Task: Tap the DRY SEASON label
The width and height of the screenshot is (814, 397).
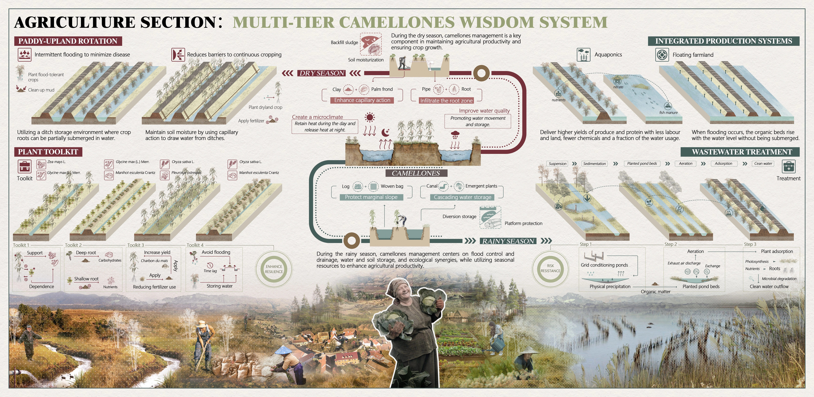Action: pos(322,73)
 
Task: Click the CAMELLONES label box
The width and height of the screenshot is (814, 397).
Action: pos(416,173)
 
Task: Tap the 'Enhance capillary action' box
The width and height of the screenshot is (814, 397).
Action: pos(362,100)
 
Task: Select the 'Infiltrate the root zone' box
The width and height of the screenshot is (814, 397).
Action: pos(446,100)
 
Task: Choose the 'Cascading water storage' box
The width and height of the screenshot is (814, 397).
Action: pos(462,197)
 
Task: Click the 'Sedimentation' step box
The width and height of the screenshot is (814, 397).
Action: pos(594,164)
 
